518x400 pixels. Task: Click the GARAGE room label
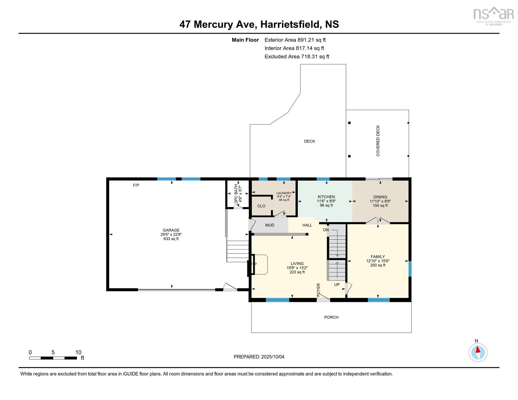point(171,230)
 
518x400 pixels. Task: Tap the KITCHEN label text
point(326,197)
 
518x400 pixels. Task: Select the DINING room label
point(380,197)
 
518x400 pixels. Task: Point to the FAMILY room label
point(378,257)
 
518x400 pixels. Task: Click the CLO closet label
point(261,206)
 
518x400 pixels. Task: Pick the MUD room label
point(270,225)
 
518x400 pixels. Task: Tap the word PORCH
point(331,317)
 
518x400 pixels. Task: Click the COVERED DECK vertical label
point(378,141)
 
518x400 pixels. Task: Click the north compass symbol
point(478,352)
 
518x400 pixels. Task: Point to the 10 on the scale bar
point(78,352)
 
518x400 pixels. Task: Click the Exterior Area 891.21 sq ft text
point(295,40)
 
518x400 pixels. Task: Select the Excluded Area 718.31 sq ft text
point(297,57)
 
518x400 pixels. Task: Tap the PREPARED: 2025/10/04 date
point(259,357)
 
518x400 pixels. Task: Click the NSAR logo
point(493,16)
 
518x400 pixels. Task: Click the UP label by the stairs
point(337,284)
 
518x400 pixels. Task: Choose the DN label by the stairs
point(326,230)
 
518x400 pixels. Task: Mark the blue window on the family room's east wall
point(410,269)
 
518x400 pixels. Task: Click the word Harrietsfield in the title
point(291,24)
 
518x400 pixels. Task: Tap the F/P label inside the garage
point(136,185)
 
